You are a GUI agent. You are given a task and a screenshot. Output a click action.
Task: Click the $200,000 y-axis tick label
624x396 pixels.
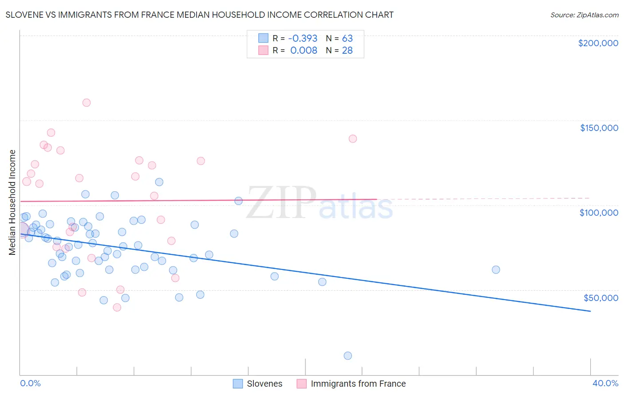pos(598,43)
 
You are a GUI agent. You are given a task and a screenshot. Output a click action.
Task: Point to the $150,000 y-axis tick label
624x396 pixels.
pos(599,128)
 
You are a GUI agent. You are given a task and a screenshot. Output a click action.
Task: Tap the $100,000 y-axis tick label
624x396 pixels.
pos(599,213)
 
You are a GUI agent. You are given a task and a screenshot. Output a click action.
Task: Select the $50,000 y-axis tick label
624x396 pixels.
pos(600,298)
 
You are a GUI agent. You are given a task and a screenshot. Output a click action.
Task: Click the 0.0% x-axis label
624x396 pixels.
pos(30,383)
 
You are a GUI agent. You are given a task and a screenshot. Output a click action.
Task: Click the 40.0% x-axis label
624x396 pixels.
pos(605,383)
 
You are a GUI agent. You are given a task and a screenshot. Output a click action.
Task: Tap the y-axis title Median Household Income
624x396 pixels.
pos(12,202)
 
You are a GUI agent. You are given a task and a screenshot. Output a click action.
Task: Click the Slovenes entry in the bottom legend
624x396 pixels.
pos(265,384)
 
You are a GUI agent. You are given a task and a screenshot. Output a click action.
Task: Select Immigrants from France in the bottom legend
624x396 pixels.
pos(358,384)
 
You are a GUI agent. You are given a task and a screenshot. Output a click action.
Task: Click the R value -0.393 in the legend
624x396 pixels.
pos(303,39)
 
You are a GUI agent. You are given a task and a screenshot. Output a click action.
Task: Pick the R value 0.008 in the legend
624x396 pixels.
pos(304,51)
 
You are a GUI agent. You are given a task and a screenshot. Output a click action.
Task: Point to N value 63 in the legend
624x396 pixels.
pos(347,39)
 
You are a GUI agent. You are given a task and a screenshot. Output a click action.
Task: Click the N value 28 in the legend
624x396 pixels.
pos(347,51)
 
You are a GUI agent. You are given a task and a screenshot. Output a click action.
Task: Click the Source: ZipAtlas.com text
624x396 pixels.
pos(584,15)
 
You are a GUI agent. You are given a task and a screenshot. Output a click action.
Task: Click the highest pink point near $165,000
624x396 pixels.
pos(87,103)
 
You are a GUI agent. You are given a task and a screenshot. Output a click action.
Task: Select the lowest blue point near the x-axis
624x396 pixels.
pos(348,356)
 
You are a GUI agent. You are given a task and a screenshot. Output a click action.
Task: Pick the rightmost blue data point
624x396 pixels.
pos(496,269)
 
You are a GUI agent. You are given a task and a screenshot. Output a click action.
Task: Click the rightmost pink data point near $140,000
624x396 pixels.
pos(353,139)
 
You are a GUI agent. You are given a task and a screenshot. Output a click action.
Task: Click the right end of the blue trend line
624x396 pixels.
pos(590,311)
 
